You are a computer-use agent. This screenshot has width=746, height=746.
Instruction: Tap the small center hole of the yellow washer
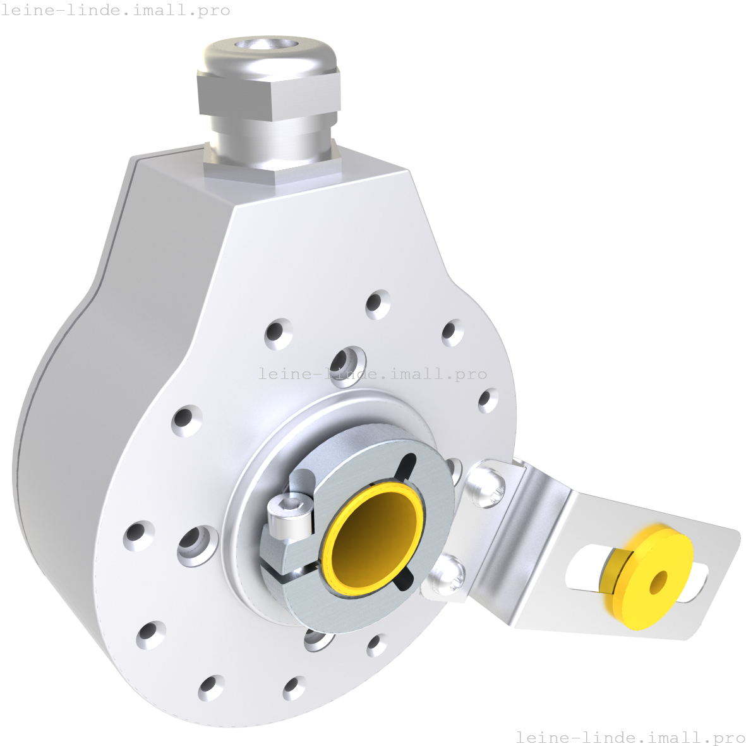point(659,582)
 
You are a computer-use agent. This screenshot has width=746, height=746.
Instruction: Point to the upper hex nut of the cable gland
point(268,95)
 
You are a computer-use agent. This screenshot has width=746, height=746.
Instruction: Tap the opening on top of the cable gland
point(268,45)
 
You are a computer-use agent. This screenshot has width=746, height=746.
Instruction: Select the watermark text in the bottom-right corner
point(630,737)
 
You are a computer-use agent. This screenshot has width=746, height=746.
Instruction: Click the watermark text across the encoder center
point(373,374)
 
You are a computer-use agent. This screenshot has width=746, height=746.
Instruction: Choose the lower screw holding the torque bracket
point(447,575)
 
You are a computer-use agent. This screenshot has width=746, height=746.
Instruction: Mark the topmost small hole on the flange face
point(378,304)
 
